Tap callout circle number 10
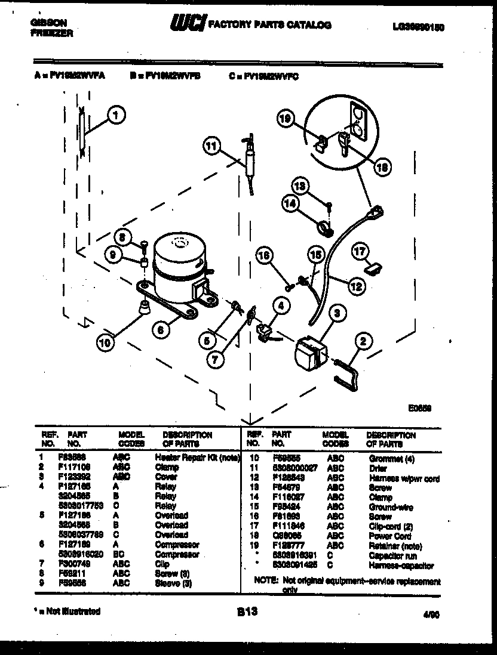[x=105, y=342]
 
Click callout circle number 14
[x=291, y=204]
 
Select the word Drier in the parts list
[x=379, y=469]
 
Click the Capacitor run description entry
[x=394, y=555]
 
